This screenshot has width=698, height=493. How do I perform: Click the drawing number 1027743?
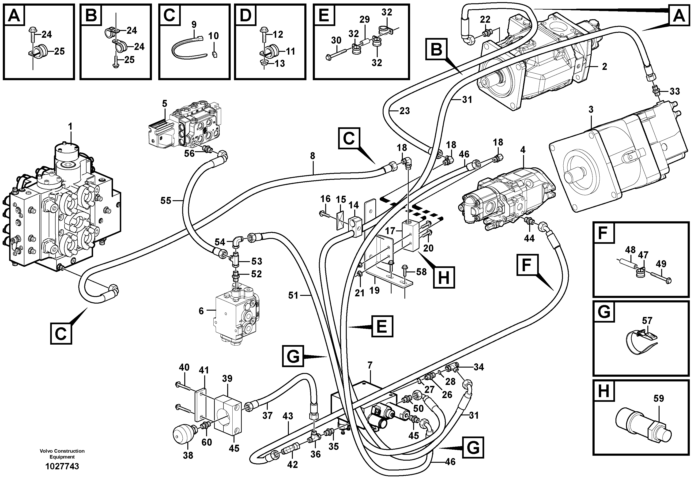coord(62,466)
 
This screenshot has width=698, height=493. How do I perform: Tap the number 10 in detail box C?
coord(213,36)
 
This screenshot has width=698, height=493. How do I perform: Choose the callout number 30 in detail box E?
coord(336,40)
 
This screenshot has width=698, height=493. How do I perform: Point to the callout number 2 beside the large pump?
coord(604,67)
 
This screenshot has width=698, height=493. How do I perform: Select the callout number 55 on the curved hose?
coord(166,201)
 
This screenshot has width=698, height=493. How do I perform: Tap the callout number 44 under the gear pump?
coord(529,238)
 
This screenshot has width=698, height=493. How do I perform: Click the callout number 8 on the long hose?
coord(313,156)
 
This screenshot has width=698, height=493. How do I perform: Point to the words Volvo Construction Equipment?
coord(62,454)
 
